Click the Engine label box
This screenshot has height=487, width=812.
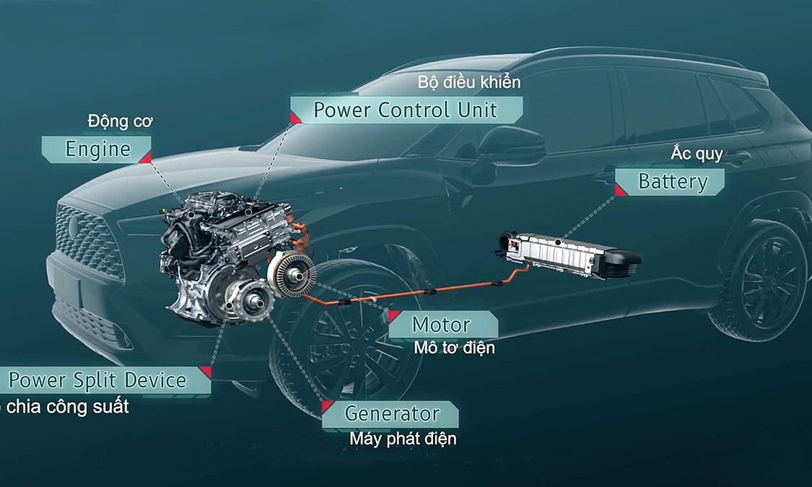(97, 149)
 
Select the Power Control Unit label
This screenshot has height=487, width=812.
(405, 110)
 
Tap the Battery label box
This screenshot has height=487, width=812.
(671, 182)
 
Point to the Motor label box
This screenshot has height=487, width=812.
(442, 325)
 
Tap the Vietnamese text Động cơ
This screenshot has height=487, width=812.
(120, 121)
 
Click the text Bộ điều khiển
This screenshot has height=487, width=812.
(468, 82)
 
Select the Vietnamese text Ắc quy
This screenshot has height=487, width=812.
(697, 154)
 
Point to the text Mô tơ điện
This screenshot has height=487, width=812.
(454, 348)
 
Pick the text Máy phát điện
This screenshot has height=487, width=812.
(403, 439)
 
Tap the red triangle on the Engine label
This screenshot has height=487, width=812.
(146, 157)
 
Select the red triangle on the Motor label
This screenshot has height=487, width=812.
(394, 316)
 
